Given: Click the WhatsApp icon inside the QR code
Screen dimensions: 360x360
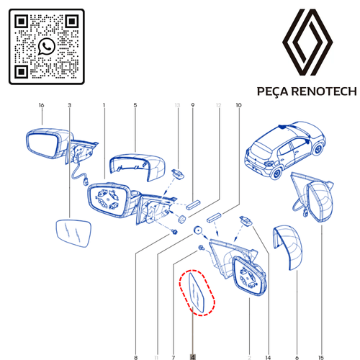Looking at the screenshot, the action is [47, 46].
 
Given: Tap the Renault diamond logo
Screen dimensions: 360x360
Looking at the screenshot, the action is [307, 42].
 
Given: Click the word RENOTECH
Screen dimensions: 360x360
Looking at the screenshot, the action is [324, 91].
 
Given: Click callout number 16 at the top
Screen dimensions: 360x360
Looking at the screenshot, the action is [41, 105].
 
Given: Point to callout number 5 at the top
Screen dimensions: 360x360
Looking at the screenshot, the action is [135, 105].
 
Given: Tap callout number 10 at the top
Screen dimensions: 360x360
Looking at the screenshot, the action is [238, 105].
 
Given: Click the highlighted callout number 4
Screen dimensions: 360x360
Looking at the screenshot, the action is [193, 357].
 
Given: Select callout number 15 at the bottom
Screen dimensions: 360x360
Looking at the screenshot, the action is [321, 357].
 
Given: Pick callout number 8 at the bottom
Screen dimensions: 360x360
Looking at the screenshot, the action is [135, 357].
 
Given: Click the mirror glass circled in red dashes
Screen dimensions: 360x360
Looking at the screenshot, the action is [197, 292].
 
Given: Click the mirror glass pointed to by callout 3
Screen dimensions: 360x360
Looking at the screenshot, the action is [73, 233].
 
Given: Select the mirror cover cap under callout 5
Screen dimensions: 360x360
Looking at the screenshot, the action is [138, 166].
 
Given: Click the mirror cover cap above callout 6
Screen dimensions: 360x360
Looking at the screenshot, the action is [287, 247].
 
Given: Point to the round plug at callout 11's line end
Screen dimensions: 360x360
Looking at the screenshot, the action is [198, 230].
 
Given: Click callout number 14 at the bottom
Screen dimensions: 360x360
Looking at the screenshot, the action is [268, 357].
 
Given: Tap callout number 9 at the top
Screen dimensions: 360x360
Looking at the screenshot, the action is [193, 105].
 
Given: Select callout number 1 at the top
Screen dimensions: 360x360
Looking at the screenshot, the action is [104, 105].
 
